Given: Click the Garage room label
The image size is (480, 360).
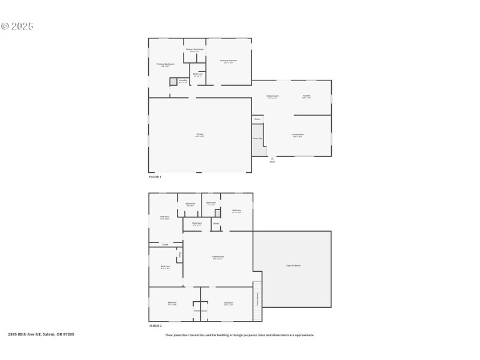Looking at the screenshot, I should coord(200,134).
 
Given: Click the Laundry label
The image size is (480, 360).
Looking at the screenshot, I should coord(183,80).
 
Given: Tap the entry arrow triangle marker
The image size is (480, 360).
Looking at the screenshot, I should coord(272,158).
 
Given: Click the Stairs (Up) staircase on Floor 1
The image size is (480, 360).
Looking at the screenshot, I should coord(257,140).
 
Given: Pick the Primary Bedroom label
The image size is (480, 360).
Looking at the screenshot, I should coord(229,61).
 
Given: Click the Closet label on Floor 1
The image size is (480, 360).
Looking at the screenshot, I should coord(257,119).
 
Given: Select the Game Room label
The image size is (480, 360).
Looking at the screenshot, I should coord(218,257).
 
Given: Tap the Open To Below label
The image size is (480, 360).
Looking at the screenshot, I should coord(293,265).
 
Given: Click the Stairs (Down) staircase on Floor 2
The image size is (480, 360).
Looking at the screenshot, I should coord(258,295).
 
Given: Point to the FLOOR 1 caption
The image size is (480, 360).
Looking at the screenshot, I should coord(155,177).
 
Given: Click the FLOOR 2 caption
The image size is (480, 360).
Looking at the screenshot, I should coord(155,326).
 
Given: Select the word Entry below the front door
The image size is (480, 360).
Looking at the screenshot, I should coord(272,162).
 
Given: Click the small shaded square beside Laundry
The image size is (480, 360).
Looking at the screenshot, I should coord(173,81).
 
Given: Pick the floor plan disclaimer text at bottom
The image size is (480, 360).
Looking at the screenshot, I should coord(240,335).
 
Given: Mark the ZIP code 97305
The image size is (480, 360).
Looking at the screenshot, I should coord(68,334).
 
